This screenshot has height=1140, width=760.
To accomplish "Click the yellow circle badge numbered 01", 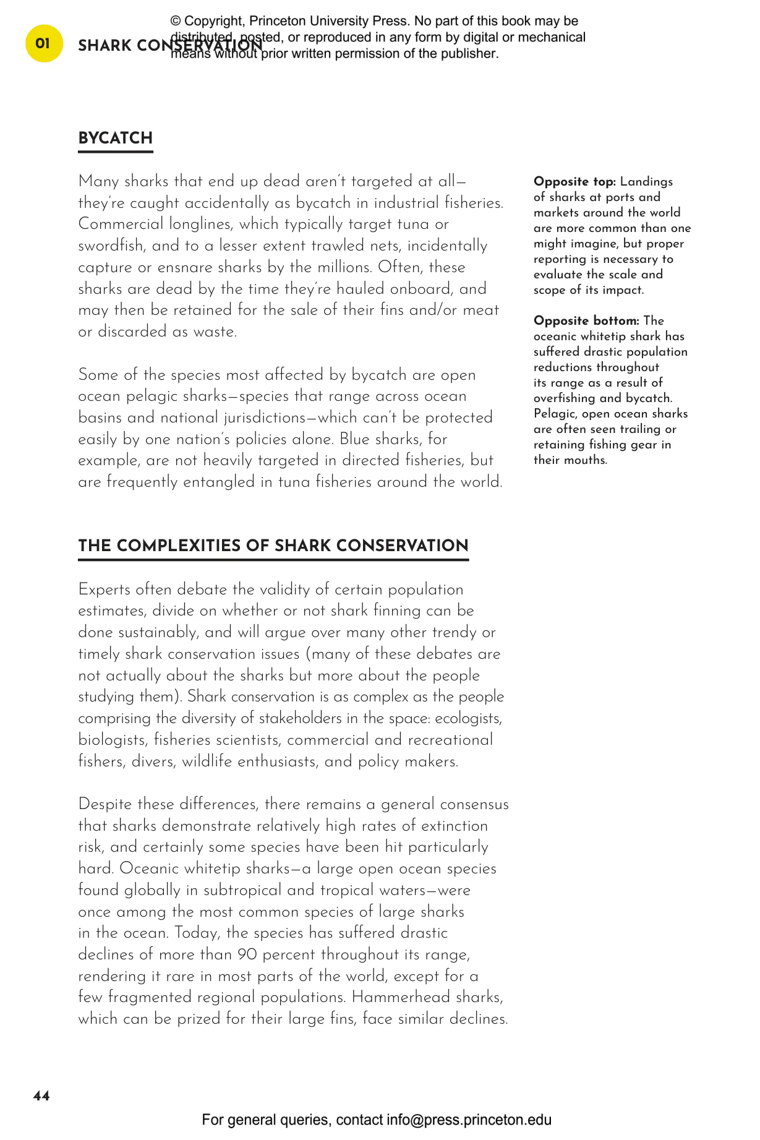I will [43, 44].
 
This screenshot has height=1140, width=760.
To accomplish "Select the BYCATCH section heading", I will [115, 138].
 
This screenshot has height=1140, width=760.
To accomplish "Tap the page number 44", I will [41, 1096].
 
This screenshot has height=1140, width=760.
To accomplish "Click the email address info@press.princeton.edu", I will [469, 1120].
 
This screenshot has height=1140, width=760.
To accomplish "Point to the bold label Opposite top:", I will [574, 182].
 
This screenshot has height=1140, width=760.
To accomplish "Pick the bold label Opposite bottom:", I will [586, 321].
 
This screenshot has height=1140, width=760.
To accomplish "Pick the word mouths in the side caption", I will [587, 460].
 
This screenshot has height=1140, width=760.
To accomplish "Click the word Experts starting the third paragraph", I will [105, 589].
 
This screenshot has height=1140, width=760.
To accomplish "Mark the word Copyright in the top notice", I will [214, 21].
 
